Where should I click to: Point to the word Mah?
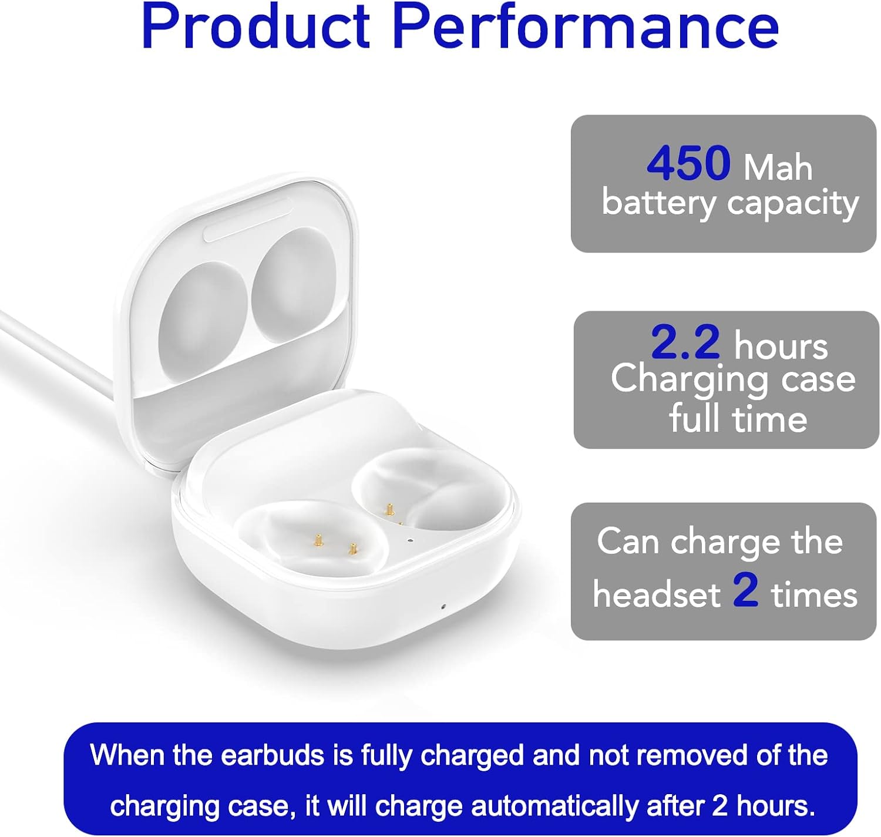pyautogui.click(x=778, y=167)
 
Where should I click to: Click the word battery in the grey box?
pyautogui.click(x=658, y=203)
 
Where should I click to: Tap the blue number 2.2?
pyautogui.click(x=685, y=343)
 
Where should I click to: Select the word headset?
pyautogui.click(x=656, y=594)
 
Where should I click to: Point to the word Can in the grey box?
pyautogui.click(x=628, y=541)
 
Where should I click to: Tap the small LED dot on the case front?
pyautogui.click(x=443, y=606)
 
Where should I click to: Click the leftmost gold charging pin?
pyautogui.click(x=318, y=540)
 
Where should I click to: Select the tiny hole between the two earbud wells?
pyautogui.click(x=410, y=540)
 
